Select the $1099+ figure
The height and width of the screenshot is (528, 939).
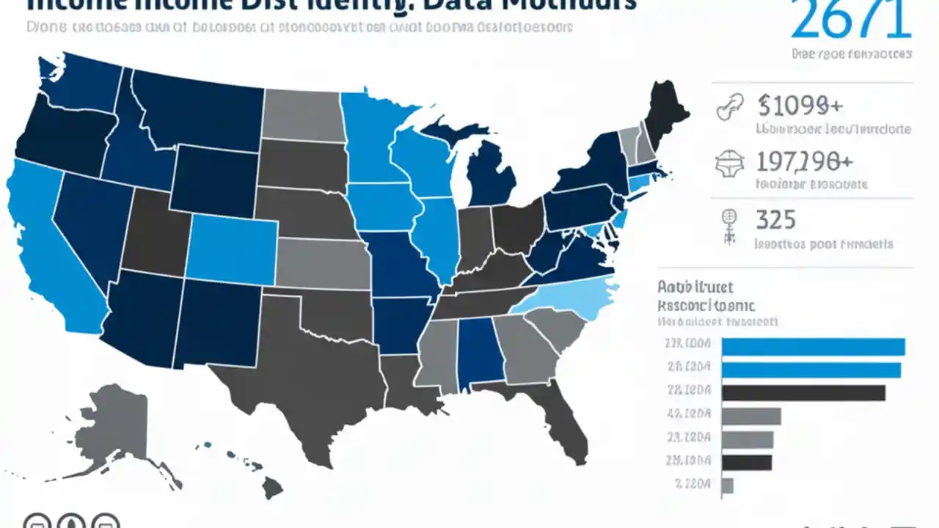[x=800, y=106]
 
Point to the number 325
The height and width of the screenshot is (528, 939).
[x=775, y=219]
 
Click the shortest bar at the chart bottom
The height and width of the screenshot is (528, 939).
[x=728, y=485]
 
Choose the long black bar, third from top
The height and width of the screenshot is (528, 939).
[x=803, y=393]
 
